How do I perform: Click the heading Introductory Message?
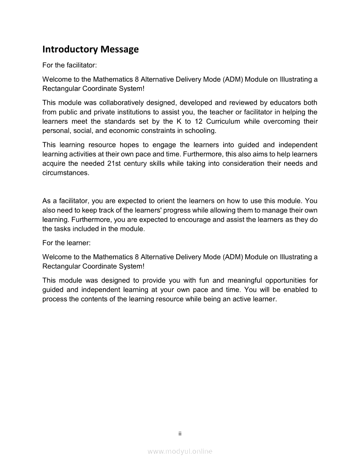click(91, 50)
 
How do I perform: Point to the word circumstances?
click(66, 173)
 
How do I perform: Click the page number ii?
click(180, 433)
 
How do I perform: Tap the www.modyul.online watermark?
click(180, 452)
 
